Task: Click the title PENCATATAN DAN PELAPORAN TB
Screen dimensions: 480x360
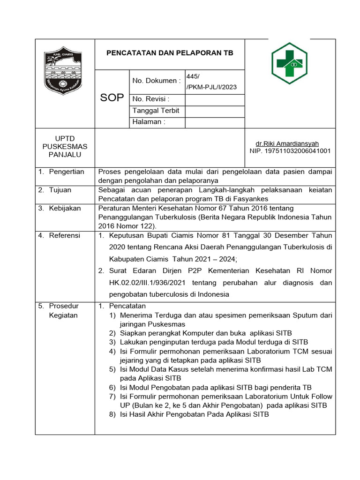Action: pos(170,53)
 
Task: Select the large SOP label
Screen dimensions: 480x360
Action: pos(112,97)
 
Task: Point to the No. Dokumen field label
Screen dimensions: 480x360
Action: pos(156,81)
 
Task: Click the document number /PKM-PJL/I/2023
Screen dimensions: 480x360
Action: pos(211,87)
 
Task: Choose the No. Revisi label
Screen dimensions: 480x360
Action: pos(150,99)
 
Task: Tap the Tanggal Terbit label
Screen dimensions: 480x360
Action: pos(156,111)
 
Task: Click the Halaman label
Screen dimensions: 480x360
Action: pos(149,122)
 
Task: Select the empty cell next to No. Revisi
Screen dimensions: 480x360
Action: pos(215,99)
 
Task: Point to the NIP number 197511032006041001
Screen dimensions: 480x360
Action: pos(290,151)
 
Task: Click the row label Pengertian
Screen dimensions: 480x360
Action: pos(67,172)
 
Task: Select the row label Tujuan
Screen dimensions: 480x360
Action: pos(61,190)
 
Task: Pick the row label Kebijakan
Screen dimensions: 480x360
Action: pos(65,208)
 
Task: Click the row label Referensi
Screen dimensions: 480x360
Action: pos(65,235)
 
